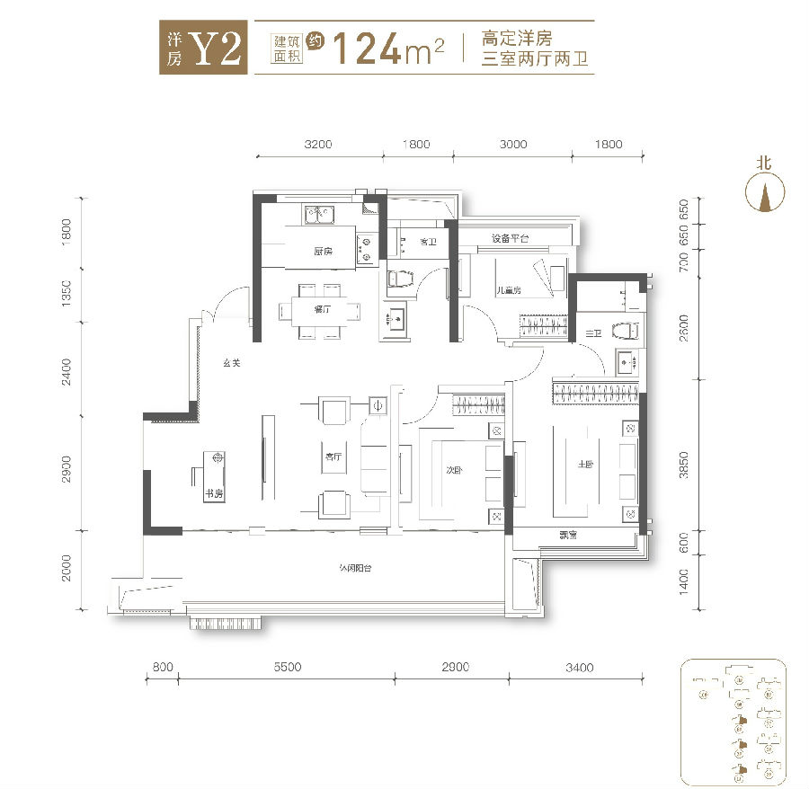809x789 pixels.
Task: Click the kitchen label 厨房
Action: (x=324, y=252)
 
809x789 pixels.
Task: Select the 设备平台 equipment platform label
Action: (x=510, y=238)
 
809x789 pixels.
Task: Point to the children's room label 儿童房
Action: (x=511, y=290)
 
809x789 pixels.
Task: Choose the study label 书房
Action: (x=213, y=493)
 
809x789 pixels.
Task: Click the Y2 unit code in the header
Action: (x=218, y=49)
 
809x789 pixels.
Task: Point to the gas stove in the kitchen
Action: (x=366, y=248)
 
